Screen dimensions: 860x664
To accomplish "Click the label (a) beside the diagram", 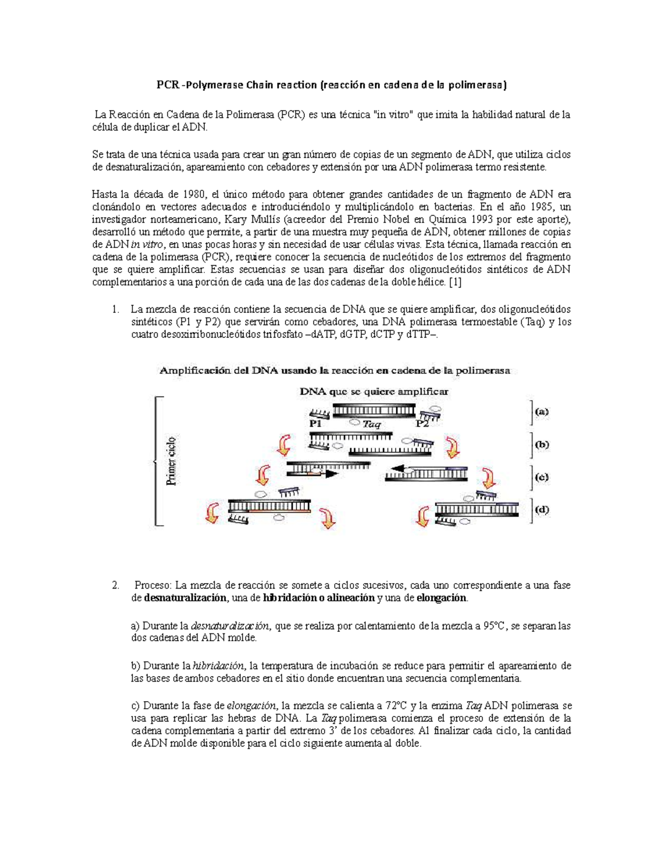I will point(541,412).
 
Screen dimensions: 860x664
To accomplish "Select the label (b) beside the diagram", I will point(541,445).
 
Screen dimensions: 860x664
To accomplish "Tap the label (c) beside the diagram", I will point(541,477).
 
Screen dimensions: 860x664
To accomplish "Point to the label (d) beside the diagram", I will point(541,510).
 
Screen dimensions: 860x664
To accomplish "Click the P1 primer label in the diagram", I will point(316,424).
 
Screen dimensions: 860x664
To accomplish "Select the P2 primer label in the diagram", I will point(422,424).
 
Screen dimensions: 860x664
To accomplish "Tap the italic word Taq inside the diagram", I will point(372,424).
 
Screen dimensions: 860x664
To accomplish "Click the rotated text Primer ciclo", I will point(172,461).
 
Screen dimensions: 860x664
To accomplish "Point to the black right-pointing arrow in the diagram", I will point(330,474).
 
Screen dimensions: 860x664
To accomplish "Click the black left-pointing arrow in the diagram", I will point(394,470).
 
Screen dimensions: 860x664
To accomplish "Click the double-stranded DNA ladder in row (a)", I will point(373,410).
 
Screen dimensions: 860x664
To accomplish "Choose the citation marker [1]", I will point(455,282).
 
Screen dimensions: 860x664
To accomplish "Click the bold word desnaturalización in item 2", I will point(185,598).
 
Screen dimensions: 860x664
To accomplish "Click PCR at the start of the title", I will point(167,85).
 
